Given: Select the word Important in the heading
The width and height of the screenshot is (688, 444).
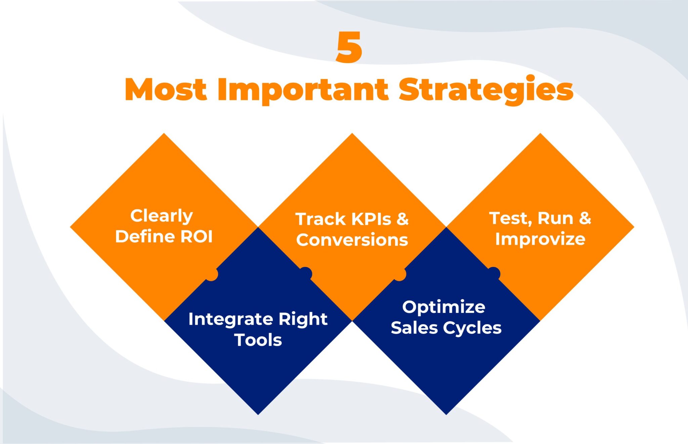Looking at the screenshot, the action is (303, 90).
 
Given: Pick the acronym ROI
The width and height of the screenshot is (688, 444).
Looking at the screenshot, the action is (197, 236).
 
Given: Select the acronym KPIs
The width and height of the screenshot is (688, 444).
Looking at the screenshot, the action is (371, 219).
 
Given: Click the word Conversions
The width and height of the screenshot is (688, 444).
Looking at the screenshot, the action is (352, 240).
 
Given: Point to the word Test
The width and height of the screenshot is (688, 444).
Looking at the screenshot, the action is (511, 219).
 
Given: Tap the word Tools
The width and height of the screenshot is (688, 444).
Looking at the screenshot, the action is (258, 340).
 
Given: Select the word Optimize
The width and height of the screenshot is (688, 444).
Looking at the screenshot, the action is (444, 307).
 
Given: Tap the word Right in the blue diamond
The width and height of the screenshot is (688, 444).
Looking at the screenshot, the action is (303, 319).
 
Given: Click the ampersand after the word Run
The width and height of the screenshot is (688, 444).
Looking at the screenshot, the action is (585, 218).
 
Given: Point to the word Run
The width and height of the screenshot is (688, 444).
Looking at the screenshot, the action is (555, 218).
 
